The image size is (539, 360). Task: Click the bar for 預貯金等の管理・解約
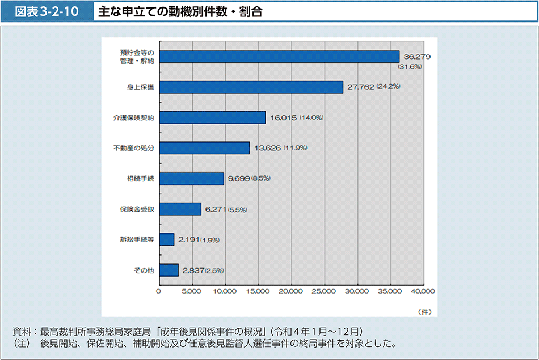click(x=280, y=56)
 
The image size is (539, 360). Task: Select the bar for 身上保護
click(x=251, y=87)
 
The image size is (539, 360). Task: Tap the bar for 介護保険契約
click(x=213, y=118)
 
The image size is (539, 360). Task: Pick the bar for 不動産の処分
click(x=205, y=148)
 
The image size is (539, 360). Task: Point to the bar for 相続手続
click(x=192, y=178)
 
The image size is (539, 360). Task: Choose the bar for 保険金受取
click(x=180, y=209)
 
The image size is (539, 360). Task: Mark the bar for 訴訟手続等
click(x=167, y=240)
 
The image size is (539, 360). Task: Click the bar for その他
click(x=169, y=270)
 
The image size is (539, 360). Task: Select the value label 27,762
click(x=360, y=87)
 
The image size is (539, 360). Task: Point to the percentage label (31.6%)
click(x=410, y=66)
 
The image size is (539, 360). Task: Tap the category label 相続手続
click(x=140, y=178)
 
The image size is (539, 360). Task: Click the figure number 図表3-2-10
click(x=47, y=11)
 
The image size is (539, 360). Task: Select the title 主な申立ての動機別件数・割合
click(x=180, y=11)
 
